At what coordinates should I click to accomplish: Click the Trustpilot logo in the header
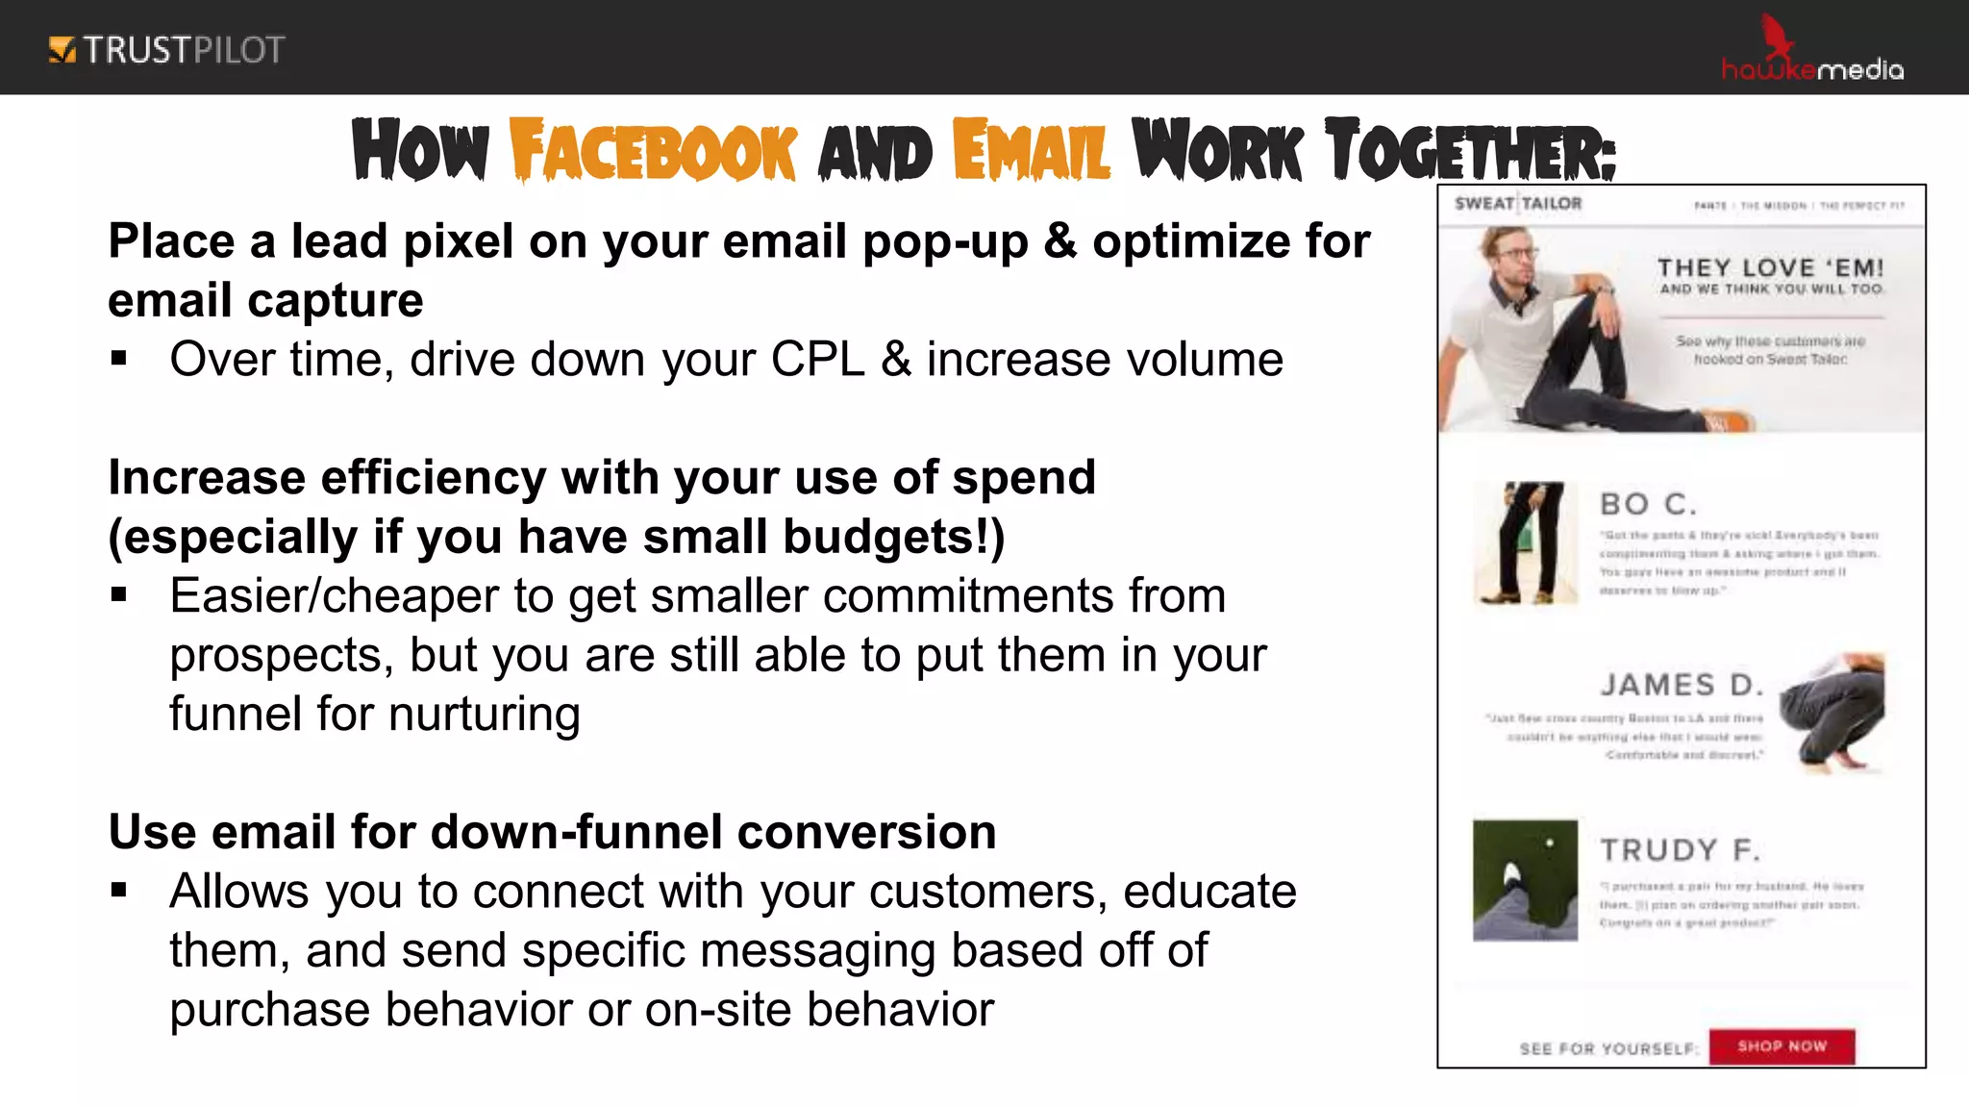pos(166,50)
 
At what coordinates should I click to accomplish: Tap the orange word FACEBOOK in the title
pos(653,151)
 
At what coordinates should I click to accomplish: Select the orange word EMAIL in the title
pos(1032,151)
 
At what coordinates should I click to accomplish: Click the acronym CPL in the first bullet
pos(817,360)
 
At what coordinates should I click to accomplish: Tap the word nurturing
pos(484,715)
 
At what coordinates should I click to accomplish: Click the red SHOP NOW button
pos(1782,1046)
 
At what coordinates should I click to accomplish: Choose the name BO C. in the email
pos(1648,504)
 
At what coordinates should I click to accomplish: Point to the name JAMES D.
pos(1682,685)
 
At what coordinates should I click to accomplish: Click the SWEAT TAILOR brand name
pos(1517,204)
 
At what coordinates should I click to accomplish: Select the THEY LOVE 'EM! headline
pos(1770,268)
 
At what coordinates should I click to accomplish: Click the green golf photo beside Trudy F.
pos(1525,880)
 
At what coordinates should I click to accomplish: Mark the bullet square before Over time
pos(119,360)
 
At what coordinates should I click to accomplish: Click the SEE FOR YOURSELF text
pos(1608,1048)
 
